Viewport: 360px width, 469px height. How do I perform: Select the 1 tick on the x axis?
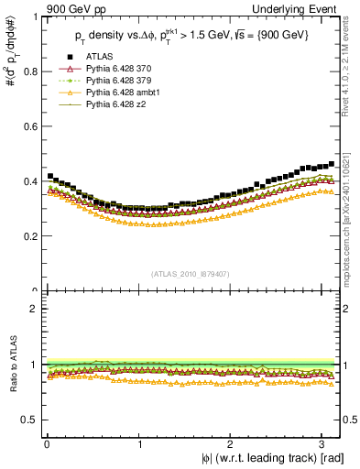tap(139, 444)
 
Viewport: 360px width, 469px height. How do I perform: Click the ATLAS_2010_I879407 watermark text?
tap(191, 273)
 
